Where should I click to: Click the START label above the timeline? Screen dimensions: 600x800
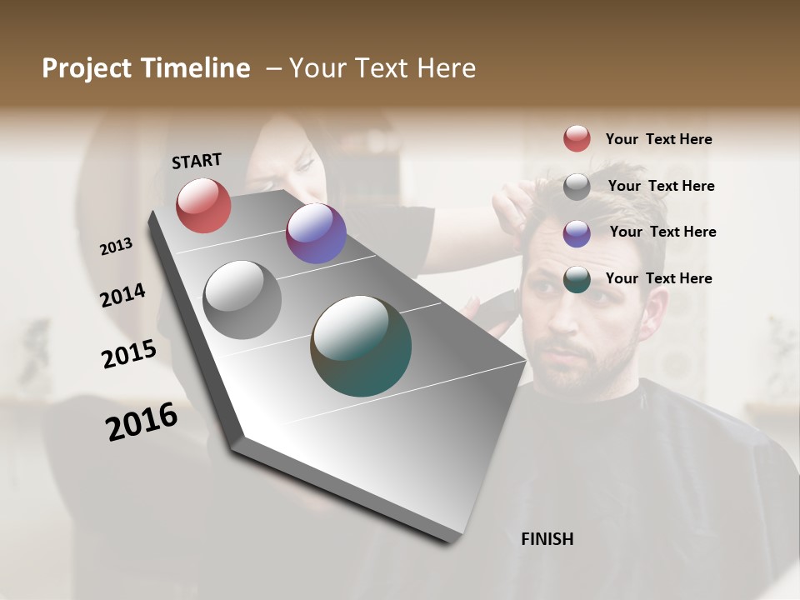[197, 161]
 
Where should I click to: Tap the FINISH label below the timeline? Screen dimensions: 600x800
[547, 539]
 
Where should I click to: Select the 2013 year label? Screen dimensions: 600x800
[116, 247]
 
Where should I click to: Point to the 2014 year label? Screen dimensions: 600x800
[123, 295]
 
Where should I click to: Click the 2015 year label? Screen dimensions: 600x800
[129, 354]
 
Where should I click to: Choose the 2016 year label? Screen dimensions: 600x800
[142, 422]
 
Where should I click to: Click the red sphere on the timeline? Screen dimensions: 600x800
[203, 205]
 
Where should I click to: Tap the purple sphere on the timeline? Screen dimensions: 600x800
[316, 233]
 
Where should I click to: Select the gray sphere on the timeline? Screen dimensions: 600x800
[242, 300]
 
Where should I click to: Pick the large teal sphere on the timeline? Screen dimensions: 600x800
[361, 346]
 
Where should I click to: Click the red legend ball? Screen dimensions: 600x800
[577, 139]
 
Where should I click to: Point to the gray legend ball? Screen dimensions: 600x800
[577, 187]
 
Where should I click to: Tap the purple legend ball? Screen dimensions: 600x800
[577, 233]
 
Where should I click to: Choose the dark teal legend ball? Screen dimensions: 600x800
[577, 280]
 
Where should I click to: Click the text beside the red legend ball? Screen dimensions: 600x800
[658, 140]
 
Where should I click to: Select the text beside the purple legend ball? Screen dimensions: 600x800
[662, 232]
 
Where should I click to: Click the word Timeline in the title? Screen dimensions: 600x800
[197, 68]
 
